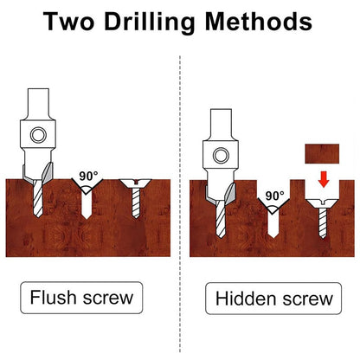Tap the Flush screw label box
[82, 298]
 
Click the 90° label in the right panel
[274, 196]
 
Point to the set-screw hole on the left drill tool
[36, 135]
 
